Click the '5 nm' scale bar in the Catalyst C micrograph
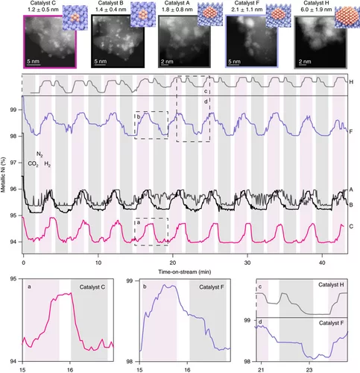(34, 61)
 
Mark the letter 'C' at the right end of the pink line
(350, 225)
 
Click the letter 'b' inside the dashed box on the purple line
(139, 116)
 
